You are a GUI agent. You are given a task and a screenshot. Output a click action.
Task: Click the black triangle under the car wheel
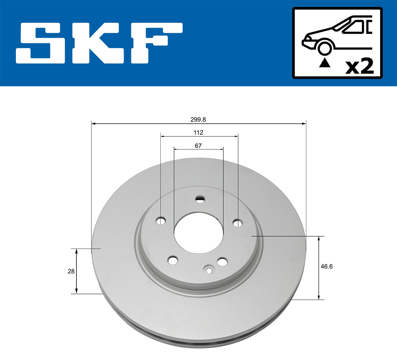pos(324,62)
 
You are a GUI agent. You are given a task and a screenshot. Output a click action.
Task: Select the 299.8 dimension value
pos(198,120)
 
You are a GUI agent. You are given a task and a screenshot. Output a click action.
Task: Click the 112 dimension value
pos(198,133)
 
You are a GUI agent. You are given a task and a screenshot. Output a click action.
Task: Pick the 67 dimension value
pos(198,146)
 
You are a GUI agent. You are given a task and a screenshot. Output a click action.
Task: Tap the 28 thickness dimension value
pos(71,271)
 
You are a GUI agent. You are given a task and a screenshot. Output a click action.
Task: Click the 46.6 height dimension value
pos(327,266)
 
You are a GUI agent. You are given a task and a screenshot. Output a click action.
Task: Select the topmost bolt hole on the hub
pos(200,199)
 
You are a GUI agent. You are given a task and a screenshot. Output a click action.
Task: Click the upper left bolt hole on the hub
pos(161,221)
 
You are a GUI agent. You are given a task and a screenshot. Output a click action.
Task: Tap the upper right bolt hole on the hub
pos(238,223)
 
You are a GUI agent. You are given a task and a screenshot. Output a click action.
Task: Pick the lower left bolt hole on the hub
pos(172,260)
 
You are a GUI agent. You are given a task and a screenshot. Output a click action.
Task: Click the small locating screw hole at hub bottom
pos(209,270)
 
